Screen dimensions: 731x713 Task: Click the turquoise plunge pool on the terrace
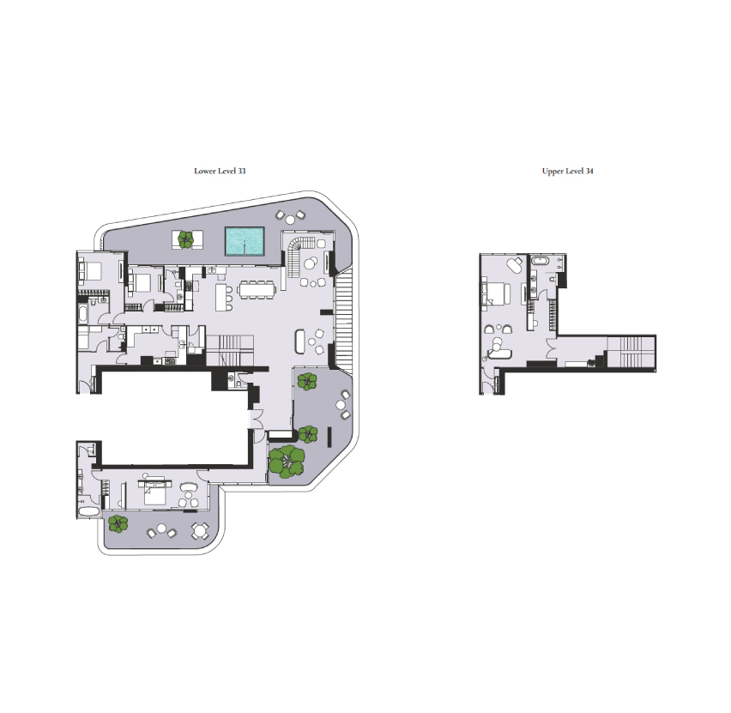pyautogui.click(x=245, y=241)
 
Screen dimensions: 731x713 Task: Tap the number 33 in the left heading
pyautogui.click(x=241, y=171)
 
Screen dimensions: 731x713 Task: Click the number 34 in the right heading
pyautogui.click(x=589, y=171)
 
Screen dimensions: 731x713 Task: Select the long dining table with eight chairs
pyautogui.click(x=257, y=290)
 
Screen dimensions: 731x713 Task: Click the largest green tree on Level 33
pyautogui.click(x=287, y=462)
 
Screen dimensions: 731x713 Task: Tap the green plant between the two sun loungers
pyautogui.click(x=186, y=239)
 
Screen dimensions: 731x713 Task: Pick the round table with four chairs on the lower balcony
pyautogui.click(x=200, y=530)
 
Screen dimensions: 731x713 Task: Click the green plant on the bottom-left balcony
pyautogui.click(x=118, y=523)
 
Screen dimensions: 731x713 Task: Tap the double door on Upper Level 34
pyautogui.click(x=552, y=346)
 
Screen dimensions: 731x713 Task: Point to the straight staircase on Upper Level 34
pyautogui.click(x=631, y=352)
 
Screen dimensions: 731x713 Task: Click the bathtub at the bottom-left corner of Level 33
pyautogui.click(x=88, y=511)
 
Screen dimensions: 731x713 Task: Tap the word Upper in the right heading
pyautogui.click(x=552, y=171)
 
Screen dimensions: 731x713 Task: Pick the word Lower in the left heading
pyautogui.click(x=205, y=171)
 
